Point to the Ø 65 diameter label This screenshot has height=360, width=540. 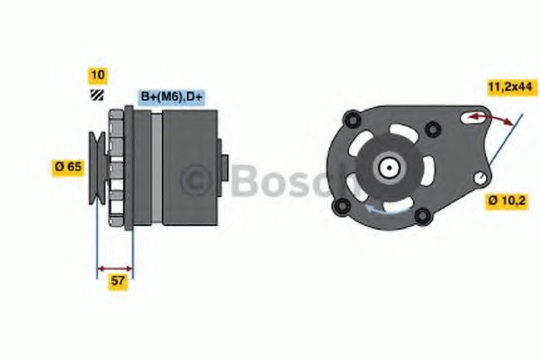pos(68,166)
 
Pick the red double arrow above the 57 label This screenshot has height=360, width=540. pos(114,268)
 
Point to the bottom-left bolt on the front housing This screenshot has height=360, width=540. pos(341,207)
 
